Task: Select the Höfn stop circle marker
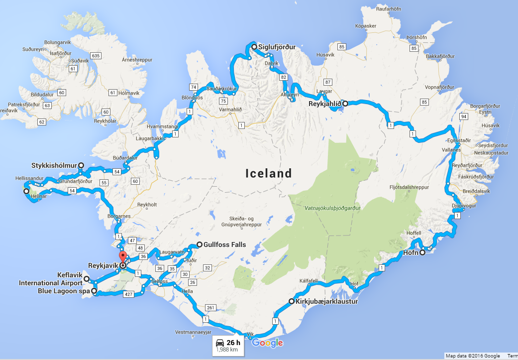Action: point(422,252)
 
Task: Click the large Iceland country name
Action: point(269,173)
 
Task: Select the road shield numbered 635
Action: point(96,55)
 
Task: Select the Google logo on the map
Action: point(267,343)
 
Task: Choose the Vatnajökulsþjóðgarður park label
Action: point(331,207)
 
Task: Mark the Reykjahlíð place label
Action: point(324,104)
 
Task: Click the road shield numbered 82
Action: point(284,77)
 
